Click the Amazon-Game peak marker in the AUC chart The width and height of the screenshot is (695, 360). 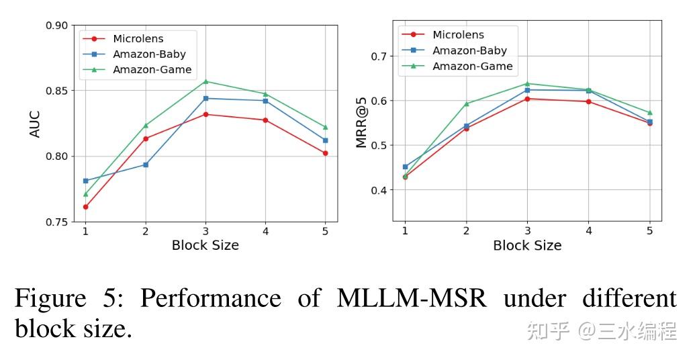205,81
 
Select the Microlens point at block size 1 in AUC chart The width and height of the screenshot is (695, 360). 86,207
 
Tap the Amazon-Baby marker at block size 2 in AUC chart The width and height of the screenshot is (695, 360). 146,165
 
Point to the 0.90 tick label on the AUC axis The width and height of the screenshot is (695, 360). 57,26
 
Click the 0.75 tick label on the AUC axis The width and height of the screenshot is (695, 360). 57,222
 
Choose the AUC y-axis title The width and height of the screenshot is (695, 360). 35,124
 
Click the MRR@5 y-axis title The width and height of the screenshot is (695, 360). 361,124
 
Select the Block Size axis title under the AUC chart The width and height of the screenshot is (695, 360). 205,245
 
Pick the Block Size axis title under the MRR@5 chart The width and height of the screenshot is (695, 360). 527,245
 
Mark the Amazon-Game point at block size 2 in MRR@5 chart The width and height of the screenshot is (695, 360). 466,103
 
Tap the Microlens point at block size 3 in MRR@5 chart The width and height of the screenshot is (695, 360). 527,99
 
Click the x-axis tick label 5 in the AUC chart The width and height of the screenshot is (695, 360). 326,231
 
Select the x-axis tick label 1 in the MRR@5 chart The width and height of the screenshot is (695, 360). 404,231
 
